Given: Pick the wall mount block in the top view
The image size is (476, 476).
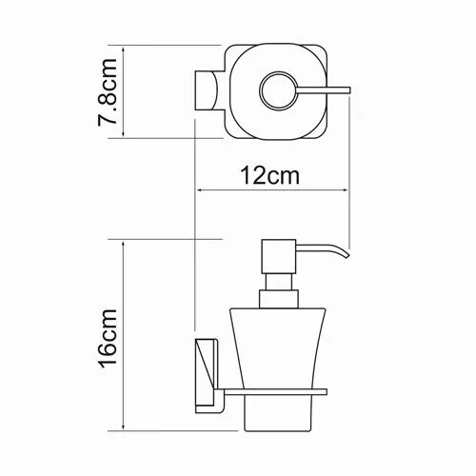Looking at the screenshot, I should [x=207, y=91].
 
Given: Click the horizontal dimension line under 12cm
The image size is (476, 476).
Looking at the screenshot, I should [x=271, y=189].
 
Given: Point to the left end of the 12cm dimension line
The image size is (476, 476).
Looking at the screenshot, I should [x=195, y=189].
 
